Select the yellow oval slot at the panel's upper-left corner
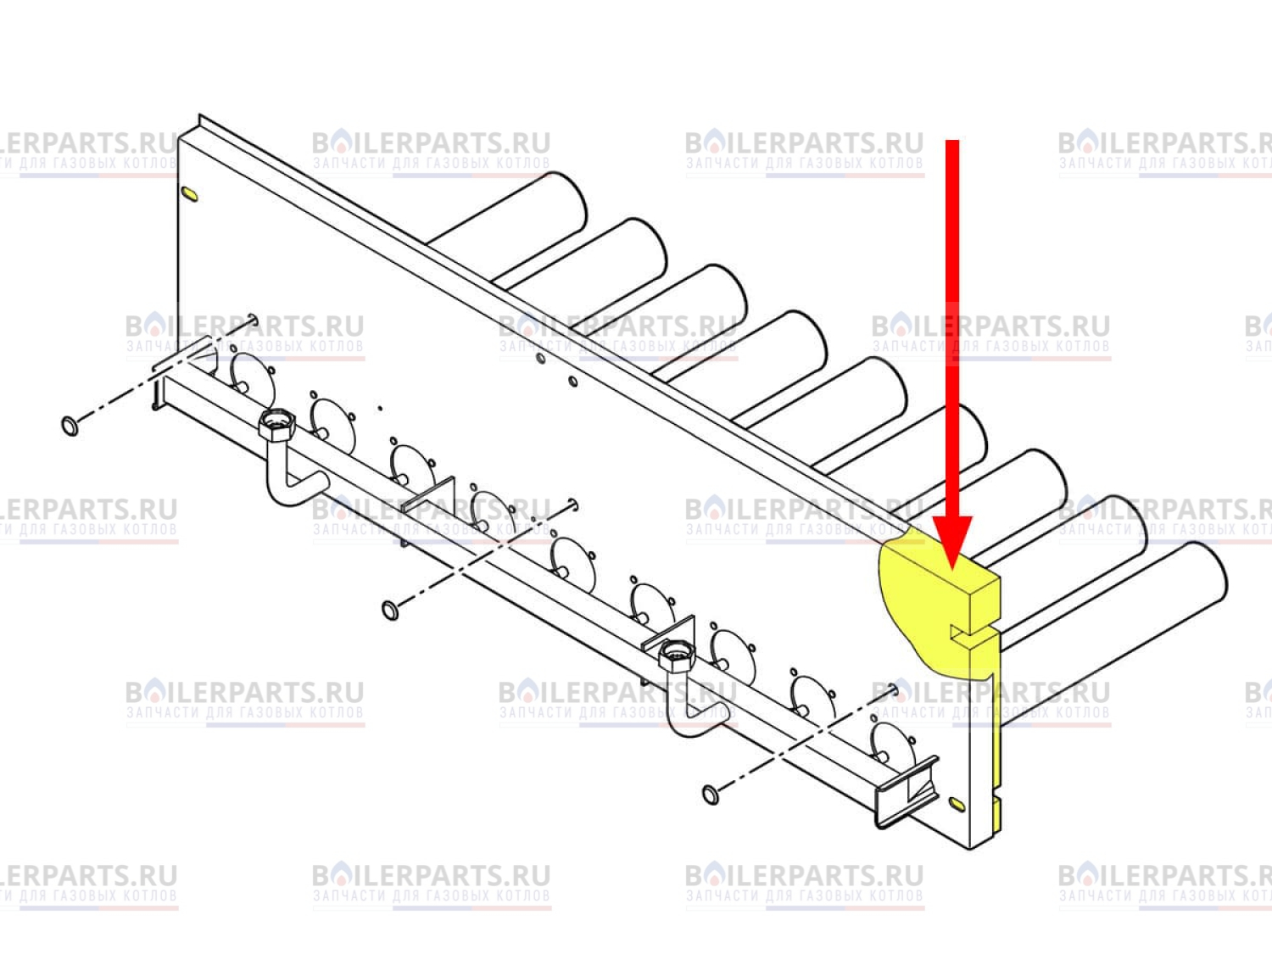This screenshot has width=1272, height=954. (189, 194)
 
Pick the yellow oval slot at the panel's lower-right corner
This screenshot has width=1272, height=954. (957, 803)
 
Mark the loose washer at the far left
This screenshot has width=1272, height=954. (70, 426)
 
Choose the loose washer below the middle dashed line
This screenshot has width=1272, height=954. (390, 610)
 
